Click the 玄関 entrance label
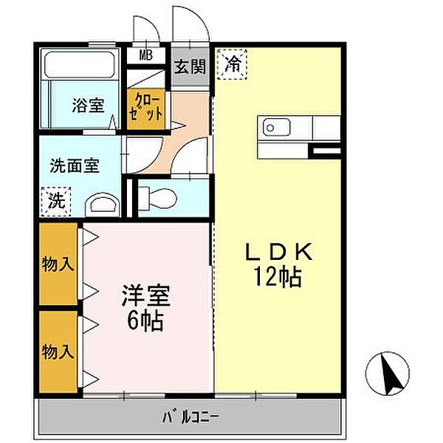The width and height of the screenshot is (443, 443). click(x=189, y=65)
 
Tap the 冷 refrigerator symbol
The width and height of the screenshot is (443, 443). click(x=232, y=63)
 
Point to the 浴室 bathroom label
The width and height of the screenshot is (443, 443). click(x=88, y=106)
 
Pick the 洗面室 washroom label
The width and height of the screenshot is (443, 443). click(x=75, y=166)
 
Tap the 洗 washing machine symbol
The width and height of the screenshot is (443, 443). click(x=56, y=199)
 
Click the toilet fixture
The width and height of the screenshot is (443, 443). click(x=156, y=196)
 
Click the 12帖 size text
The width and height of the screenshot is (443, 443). click(x=281, y=278)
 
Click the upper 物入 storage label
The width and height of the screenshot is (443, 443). click(x=58, y=264)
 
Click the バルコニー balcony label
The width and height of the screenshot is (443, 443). click(x=190, y=419)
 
